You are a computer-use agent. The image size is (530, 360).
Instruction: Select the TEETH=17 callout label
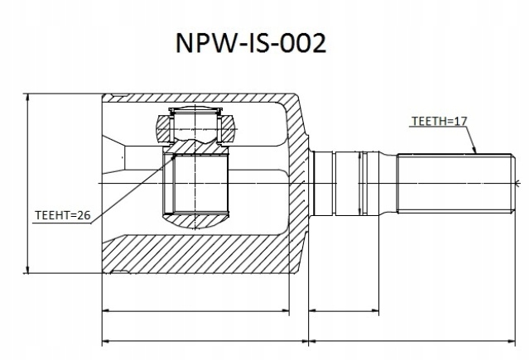(x=440, y=122)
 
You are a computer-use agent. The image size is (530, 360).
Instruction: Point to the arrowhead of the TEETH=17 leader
(x=475, y=154)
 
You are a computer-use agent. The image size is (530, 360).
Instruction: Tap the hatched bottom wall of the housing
(x=199, y=255)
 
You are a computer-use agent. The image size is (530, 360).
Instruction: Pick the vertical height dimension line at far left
(x=29, y=182)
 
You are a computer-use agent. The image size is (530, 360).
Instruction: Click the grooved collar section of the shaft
(x=348, y=181)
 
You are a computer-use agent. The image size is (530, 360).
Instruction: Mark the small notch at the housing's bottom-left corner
(x=120, y=271)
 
